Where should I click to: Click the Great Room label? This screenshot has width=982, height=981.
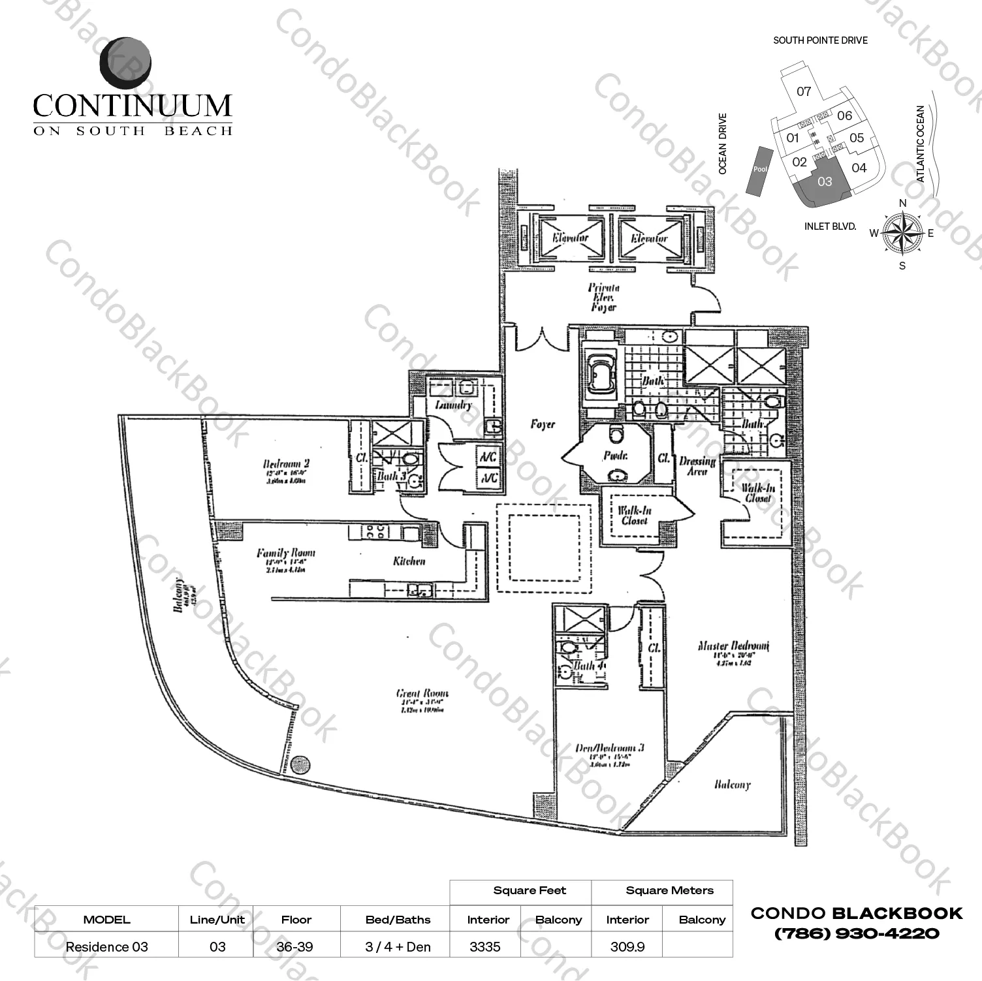tap(422, 693)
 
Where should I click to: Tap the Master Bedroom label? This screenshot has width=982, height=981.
tap(733, 646)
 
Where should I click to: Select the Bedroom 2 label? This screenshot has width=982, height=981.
tap(286, 465)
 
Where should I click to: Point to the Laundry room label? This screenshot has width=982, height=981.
tap(452, 405)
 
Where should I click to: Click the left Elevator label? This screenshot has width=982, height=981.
tap(570, 238)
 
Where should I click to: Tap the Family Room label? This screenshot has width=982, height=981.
tap(285, 553)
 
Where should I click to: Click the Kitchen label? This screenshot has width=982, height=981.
tap(409, 561)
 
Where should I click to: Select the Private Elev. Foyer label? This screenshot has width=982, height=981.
tap(603, 297)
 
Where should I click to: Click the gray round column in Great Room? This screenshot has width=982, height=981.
tap(300, 764)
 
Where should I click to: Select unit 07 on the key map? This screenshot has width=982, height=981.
tap(804, 92)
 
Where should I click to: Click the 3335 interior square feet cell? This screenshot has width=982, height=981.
tap(484, 946)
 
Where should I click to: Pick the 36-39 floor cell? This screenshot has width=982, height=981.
tap(296, 946)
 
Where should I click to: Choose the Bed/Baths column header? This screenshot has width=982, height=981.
tap(398, 920)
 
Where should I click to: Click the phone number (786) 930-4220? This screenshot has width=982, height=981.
tap(857, 934)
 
